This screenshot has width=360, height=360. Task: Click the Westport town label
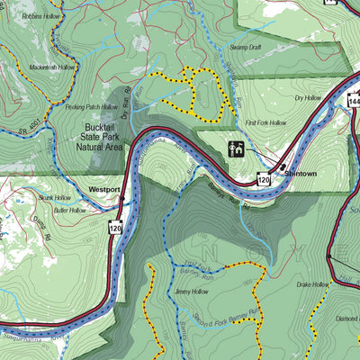pos(104,190)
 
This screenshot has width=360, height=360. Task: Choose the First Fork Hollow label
pos(265,121)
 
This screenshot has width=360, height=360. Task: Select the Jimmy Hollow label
pos(193,292)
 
